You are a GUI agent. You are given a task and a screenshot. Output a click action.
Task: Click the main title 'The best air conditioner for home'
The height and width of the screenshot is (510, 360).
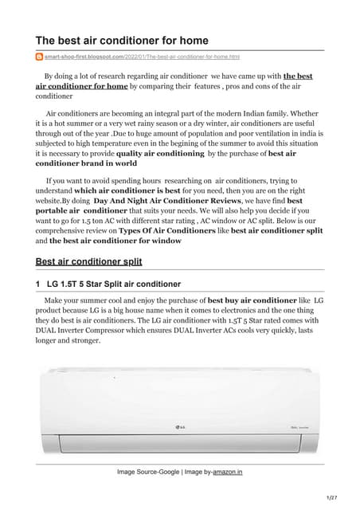point(122,40)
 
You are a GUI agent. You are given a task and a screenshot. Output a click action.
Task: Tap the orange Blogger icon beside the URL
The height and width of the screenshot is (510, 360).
point(40,57)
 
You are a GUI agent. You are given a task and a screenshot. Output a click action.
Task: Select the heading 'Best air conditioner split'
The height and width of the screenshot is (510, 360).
point(89,261)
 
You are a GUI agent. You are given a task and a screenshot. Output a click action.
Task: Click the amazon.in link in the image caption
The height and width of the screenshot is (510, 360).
point(227,472)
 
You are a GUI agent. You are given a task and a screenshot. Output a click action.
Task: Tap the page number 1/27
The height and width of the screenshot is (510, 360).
point(343,498)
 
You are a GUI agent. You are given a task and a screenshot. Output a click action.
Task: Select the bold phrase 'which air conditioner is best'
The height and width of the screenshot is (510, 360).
point(123,192)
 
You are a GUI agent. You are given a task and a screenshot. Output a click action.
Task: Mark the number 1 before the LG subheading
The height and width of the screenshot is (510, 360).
point(38,284)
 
